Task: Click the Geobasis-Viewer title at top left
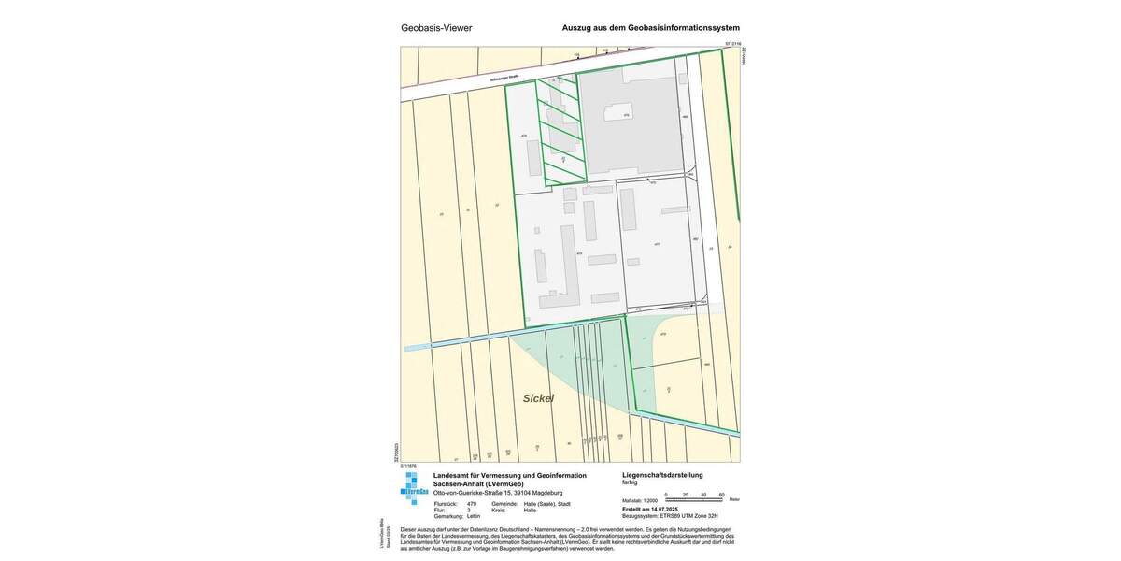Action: [436, 28]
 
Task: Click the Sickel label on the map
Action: [538, 398]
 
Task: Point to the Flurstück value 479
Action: [472, 504]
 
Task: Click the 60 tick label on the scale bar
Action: [721, 494]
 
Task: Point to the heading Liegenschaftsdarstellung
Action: [662, 475]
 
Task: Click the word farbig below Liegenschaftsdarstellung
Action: [630, 482]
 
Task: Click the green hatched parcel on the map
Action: [560, 131]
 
